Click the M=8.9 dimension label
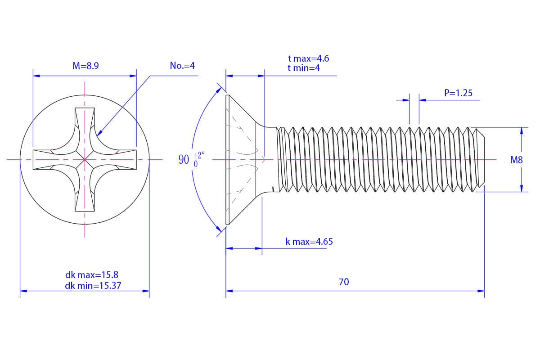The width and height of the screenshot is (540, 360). [85, 66]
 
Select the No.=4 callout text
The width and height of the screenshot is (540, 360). [182, 66]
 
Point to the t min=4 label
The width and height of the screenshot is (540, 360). [304, 68]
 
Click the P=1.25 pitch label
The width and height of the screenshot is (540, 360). [458, 93]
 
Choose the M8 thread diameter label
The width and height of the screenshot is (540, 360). [516, 160]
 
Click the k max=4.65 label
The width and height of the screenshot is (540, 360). [309, 242]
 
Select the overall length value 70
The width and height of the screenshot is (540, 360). [344, 282]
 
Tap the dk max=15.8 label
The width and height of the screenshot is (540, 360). [91, 274]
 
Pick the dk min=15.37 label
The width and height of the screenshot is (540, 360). [93, 285]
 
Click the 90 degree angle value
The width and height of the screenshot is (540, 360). [184, 160]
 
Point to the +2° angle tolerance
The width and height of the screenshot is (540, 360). [199, 154]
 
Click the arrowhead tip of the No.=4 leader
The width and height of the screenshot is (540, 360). [98, 135]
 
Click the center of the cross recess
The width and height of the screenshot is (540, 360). [85, 159]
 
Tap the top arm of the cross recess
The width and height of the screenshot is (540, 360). [85, 119]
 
